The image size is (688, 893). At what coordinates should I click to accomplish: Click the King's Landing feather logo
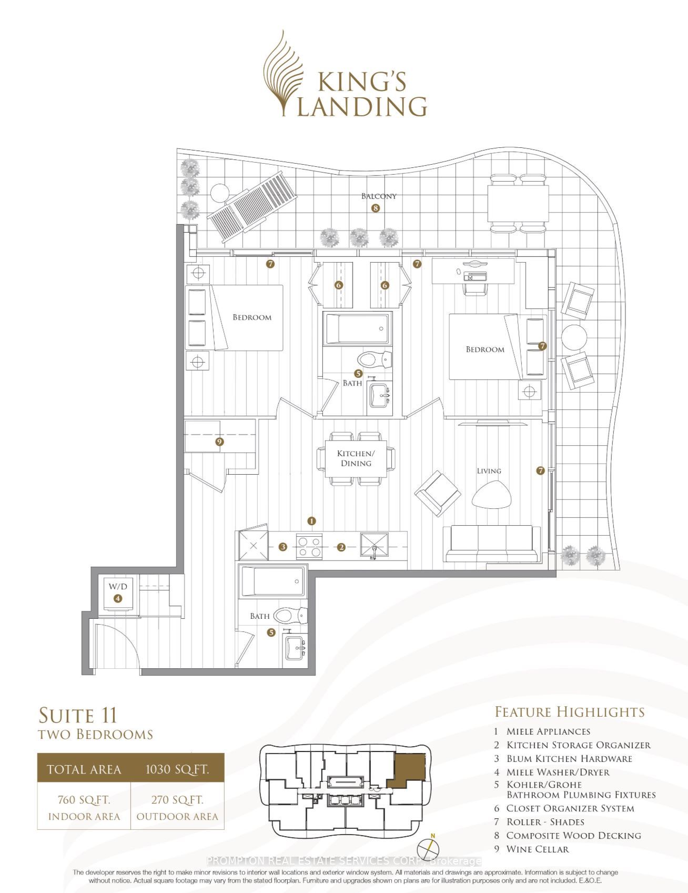[x=283, y=74]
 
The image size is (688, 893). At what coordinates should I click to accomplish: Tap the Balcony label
[x=379, y=196]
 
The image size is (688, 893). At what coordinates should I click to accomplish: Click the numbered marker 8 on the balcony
[x=376, y=208]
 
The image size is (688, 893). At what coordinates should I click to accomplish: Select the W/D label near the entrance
[x=118, y=586]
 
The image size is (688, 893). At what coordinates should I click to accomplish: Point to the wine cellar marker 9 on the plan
[x=220, y=442]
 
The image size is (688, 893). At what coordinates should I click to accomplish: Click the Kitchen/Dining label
[x=356, y=458]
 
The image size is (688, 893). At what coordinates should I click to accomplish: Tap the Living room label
[x=489, y=471]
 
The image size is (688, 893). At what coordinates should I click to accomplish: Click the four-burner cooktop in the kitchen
[x=309, y=546]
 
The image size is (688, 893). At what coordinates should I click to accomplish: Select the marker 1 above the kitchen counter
[x=312, y=521]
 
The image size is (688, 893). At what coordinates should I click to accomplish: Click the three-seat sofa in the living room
[x=492, y=544]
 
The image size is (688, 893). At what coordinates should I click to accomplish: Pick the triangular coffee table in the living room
[x=492, y=495]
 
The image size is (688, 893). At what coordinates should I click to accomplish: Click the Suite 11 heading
[x=78, y=716]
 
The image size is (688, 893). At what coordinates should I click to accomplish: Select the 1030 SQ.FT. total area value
[x=177, y=769]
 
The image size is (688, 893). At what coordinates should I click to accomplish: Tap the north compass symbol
[x=429, y=849]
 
